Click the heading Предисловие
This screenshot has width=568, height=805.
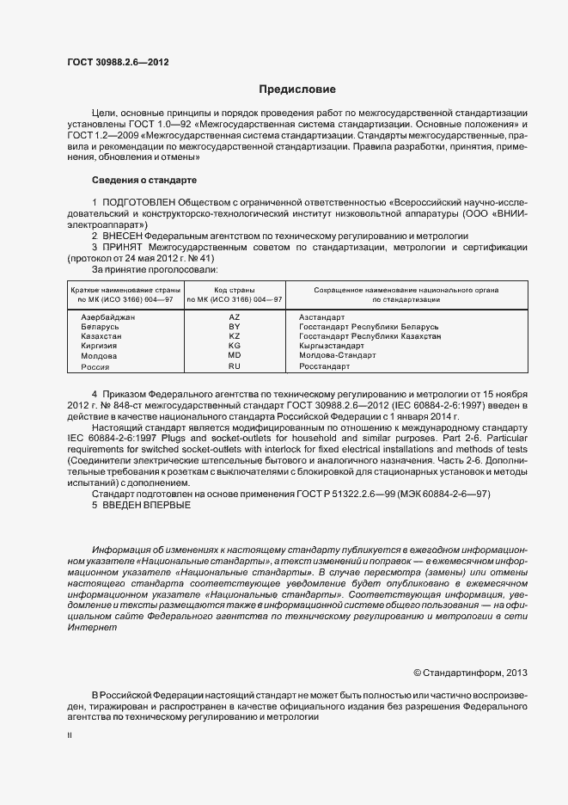coord(297,89)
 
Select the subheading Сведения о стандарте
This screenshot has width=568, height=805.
coord(144,180)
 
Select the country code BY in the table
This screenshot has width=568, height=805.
coord(234,327)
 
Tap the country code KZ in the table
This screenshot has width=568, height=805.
coord(234,336)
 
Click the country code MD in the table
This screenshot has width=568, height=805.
coord(234,355)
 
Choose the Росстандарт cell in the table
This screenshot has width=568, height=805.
coord(325,366)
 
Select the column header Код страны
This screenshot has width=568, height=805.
coord(234,290)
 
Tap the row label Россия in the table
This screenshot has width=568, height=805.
coord(95,366)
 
